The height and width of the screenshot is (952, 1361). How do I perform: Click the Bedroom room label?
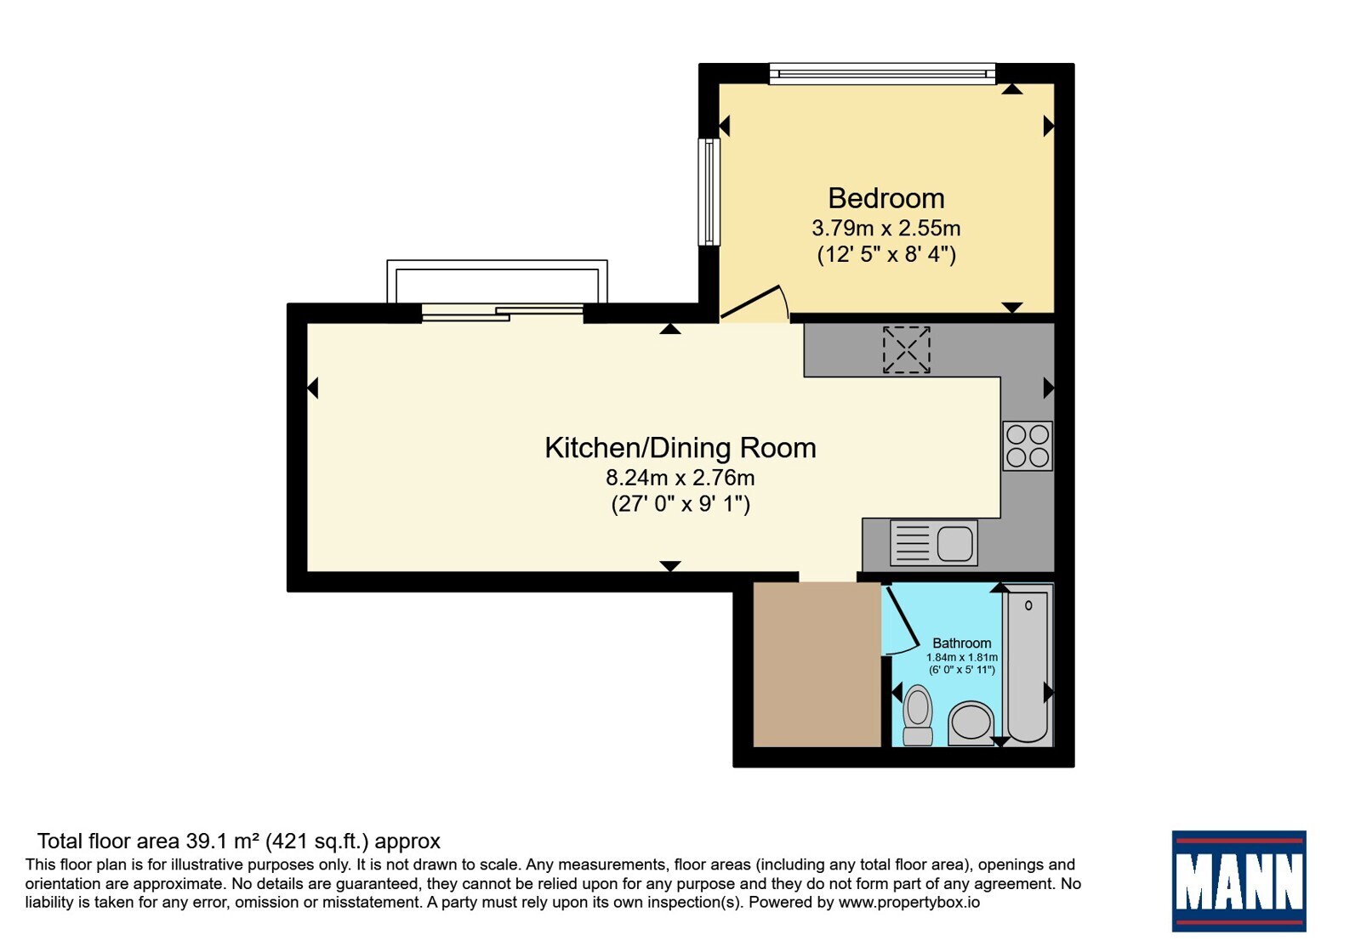(886, 199)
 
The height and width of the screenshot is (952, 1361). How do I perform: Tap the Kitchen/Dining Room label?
(680, 448)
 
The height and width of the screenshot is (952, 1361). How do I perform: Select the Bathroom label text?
(962, 643)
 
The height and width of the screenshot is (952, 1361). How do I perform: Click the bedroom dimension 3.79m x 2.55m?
(886, 229)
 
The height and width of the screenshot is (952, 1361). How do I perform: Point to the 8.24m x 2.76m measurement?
(680, 478)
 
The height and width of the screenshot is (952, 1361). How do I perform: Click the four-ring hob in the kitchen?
(1028, 446)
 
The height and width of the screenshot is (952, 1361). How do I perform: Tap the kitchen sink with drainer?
(934, 543)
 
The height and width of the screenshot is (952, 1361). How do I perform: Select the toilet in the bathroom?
(918, 715)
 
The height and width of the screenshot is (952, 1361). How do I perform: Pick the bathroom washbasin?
(971, 723)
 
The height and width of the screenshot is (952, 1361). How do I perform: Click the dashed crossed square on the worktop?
(907, 349)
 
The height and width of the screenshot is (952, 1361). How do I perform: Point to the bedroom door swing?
(755, 302)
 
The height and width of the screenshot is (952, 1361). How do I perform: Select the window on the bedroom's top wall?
(882, 73)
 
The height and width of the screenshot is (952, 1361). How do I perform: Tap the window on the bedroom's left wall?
(709, 192)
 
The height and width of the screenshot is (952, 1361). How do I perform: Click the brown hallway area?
(817, 664)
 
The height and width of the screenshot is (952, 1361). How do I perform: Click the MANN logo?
(1239, 881)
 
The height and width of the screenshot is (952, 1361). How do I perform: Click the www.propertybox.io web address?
(909, 903)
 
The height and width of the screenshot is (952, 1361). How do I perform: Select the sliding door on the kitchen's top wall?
(503, 313)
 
